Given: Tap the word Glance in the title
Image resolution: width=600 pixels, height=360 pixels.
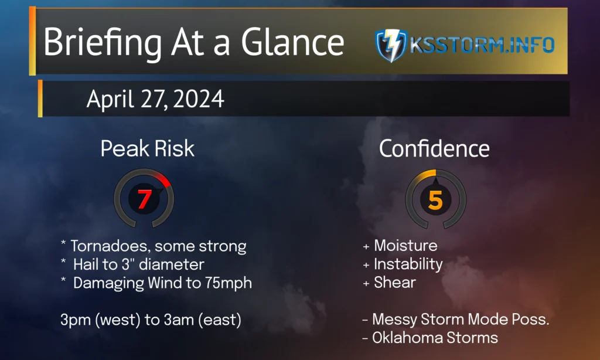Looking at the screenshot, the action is click(x=293, y=42).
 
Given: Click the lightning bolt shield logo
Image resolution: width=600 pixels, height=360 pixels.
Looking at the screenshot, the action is click(x=391, y=45).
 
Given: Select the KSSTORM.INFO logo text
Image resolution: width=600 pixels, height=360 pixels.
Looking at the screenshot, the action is click(x=482, y=45).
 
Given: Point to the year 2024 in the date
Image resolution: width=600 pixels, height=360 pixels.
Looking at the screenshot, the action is click(x=198, y=99).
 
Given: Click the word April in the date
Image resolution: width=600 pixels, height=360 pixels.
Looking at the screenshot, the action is click(x=110, y=100).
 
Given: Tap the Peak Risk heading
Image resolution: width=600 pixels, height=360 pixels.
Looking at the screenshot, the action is click(x=147, y=148).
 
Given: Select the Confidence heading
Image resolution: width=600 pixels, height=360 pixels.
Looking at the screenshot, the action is click(x=434, y=148).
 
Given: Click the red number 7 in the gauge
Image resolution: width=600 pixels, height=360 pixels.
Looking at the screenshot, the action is click(x=144, y=199).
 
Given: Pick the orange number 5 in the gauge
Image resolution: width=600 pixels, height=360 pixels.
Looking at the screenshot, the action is click(x=435, y=201).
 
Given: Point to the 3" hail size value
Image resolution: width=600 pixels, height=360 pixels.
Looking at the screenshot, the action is click(x=126, y=264).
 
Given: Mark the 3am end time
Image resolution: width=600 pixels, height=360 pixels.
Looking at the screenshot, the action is click(x=179, y=320).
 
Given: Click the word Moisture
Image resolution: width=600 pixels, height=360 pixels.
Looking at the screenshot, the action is click(x=405, y=246).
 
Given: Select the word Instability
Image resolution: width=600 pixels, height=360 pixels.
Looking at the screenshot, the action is click(x=408, y=264).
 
